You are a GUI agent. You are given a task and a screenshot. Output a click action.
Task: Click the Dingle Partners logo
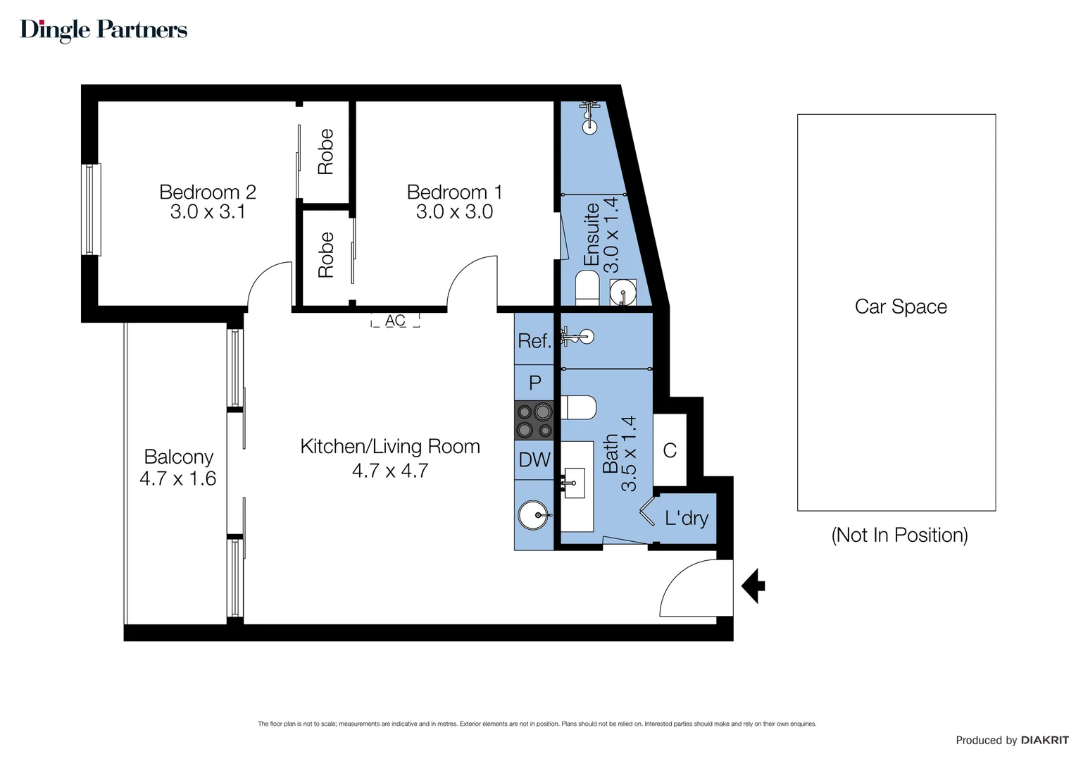coord(104,30)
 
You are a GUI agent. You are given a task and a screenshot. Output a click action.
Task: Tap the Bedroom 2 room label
coord(207,192)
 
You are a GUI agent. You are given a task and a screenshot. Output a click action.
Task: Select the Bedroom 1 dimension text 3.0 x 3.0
coord(454,212)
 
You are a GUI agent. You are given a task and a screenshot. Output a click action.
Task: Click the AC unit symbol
coord(395,321)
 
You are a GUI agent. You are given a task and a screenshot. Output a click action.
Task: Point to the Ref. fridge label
coord(534,341)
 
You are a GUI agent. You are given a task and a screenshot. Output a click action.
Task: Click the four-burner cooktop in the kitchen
coord(534,420)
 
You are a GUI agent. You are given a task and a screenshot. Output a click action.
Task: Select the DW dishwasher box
coord(534,460)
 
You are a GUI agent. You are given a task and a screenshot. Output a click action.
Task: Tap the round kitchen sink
coord(533,515)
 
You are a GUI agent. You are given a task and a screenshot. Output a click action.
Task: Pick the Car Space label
coord(900,307)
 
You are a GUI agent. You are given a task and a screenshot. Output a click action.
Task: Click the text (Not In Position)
coord(899,535)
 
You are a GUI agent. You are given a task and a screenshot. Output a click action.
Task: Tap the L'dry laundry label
coord(686,519)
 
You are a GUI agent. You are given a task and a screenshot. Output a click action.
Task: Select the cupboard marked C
coord(670,450)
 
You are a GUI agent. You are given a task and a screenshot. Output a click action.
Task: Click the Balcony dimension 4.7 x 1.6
coord(177,479)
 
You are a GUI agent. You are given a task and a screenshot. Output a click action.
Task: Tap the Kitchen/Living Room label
coord(389,447)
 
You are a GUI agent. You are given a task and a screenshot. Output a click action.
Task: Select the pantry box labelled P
coord(534,383)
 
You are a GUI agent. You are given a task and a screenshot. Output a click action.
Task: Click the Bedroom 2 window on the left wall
coord(90,209)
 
